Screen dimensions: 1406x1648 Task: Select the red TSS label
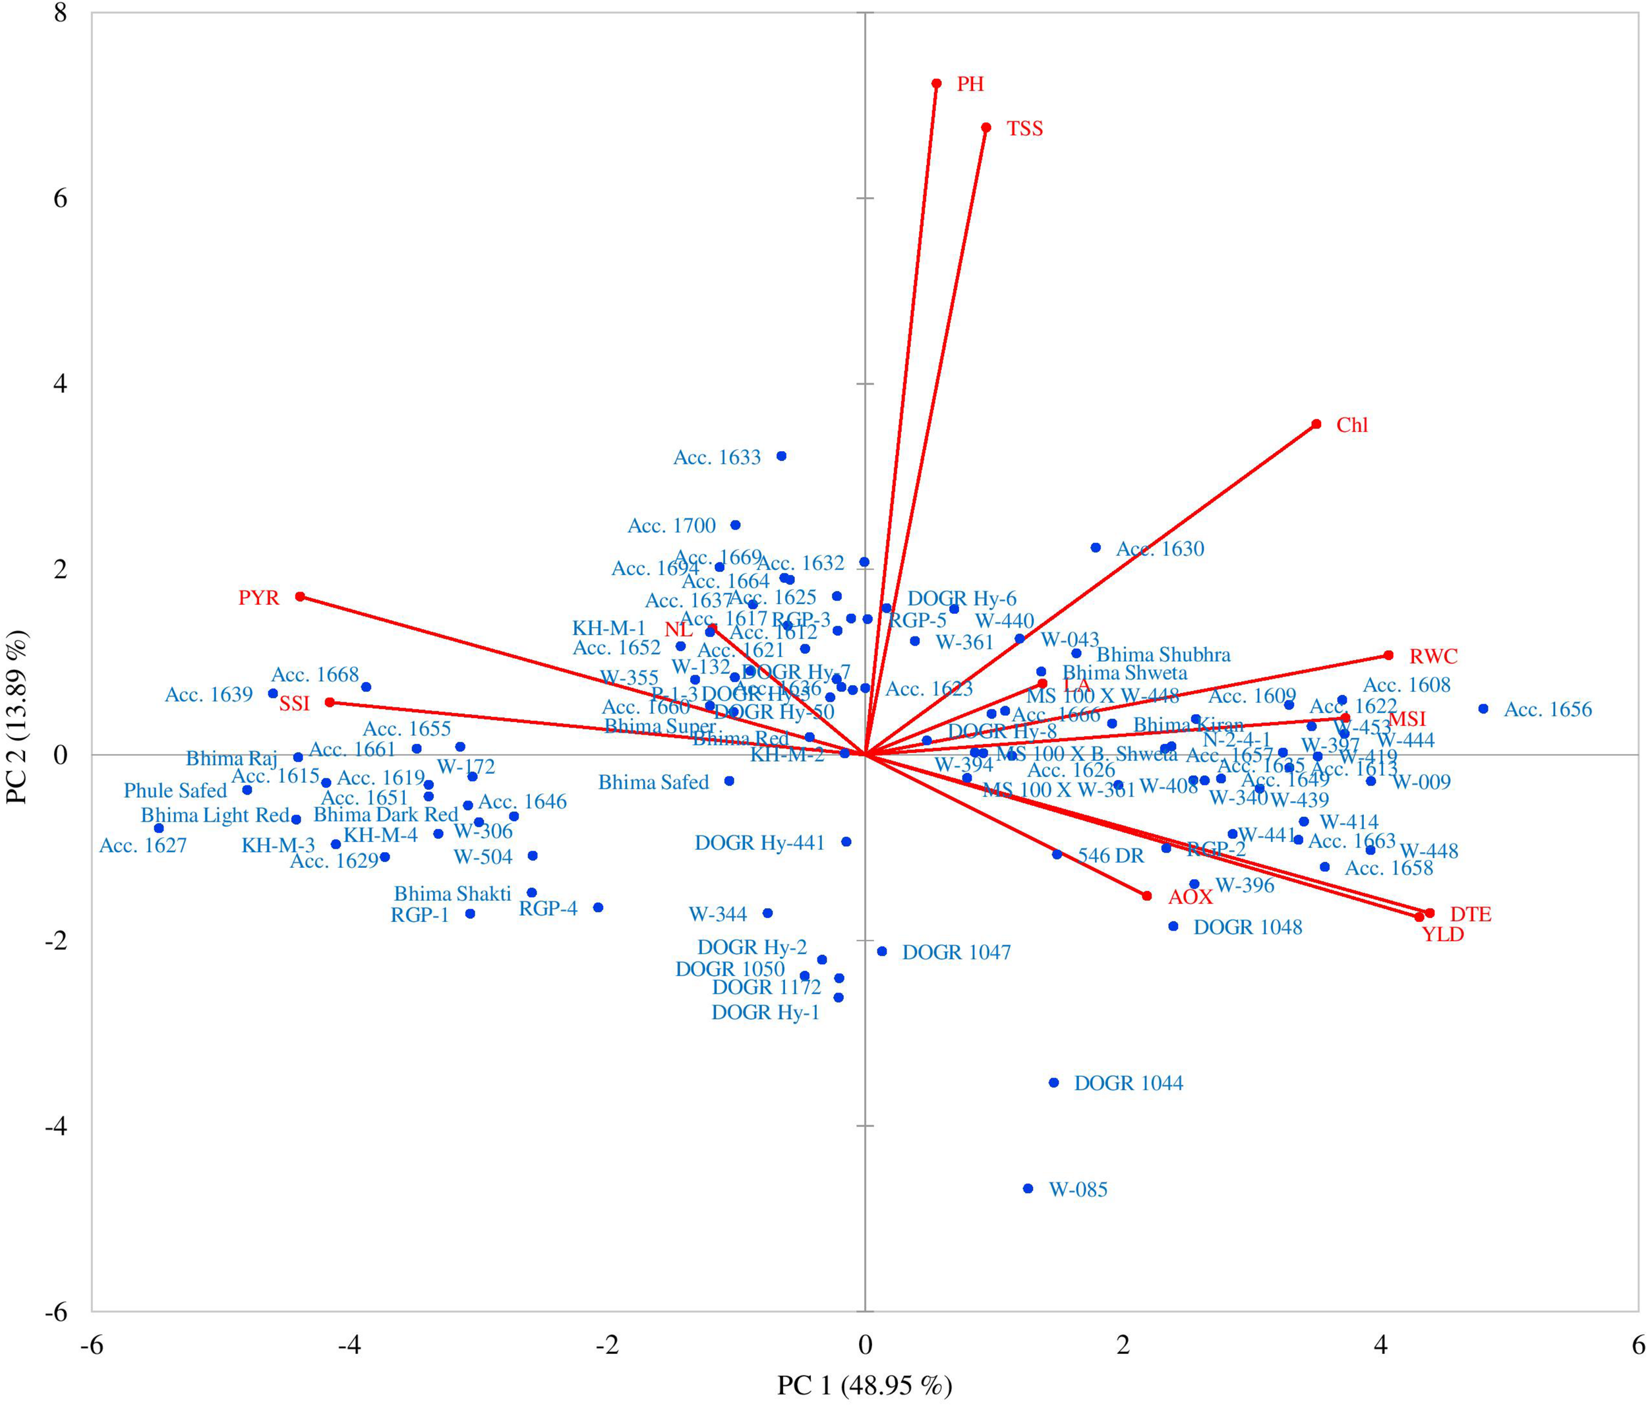[x=1024, y=129]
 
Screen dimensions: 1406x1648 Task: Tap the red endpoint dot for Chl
[x=1316, y=424]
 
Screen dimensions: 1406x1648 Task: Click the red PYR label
[x=258, y=597]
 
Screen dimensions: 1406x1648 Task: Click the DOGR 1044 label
[x=1128, y=1083]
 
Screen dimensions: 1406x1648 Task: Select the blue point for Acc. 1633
[x=781, y=456]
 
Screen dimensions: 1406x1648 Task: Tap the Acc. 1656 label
[x=1547, y=710]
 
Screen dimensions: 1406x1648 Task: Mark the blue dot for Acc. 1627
[x=158, y=828]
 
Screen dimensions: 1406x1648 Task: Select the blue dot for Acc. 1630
[x=1095, y=547]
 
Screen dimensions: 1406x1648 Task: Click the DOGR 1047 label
[x=956, y=952]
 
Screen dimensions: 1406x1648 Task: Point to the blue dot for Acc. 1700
[x=735, y=525]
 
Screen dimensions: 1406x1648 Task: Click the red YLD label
[x=1443, y=935]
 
